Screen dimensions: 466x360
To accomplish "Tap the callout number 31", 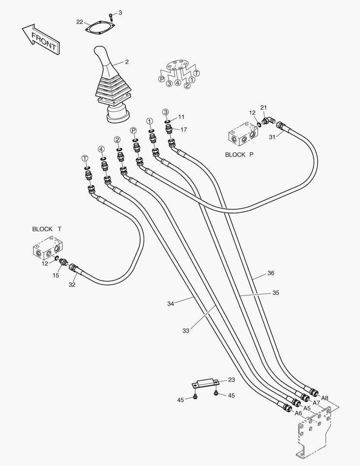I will pyautogui.click(x=272, y=137).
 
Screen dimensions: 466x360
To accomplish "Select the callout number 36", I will pyautogui.click(x=271, y=273).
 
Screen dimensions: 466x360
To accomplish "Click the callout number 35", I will pyautogui.click(x=275, y=293).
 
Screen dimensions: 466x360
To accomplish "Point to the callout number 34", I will pyautogui.click(x=171, y=304).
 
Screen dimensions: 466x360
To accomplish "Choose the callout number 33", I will pyautogui.click(x=186, y=331).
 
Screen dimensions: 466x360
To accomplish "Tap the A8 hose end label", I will pyautogui.click(x=325, y=398).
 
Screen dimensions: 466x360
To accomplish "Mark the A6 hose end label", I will pyautogui.click(x=298, y=413).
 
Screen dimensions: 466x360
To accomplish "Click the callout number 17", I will pyautogui.click(x=184, y=129).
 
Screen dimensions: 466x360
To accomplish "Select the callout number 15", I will pyautogui.click(x=56, y=275).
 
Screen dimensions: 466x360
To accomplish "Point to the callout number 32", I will pyautogui.click(x=72, y=284).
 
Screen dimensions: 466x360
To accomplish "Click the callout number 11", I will pyautogui.click(x=181, y=116).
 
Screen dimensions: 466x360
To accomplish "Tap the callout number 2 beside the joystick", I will pyautogui.click(x=127, y=62).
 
